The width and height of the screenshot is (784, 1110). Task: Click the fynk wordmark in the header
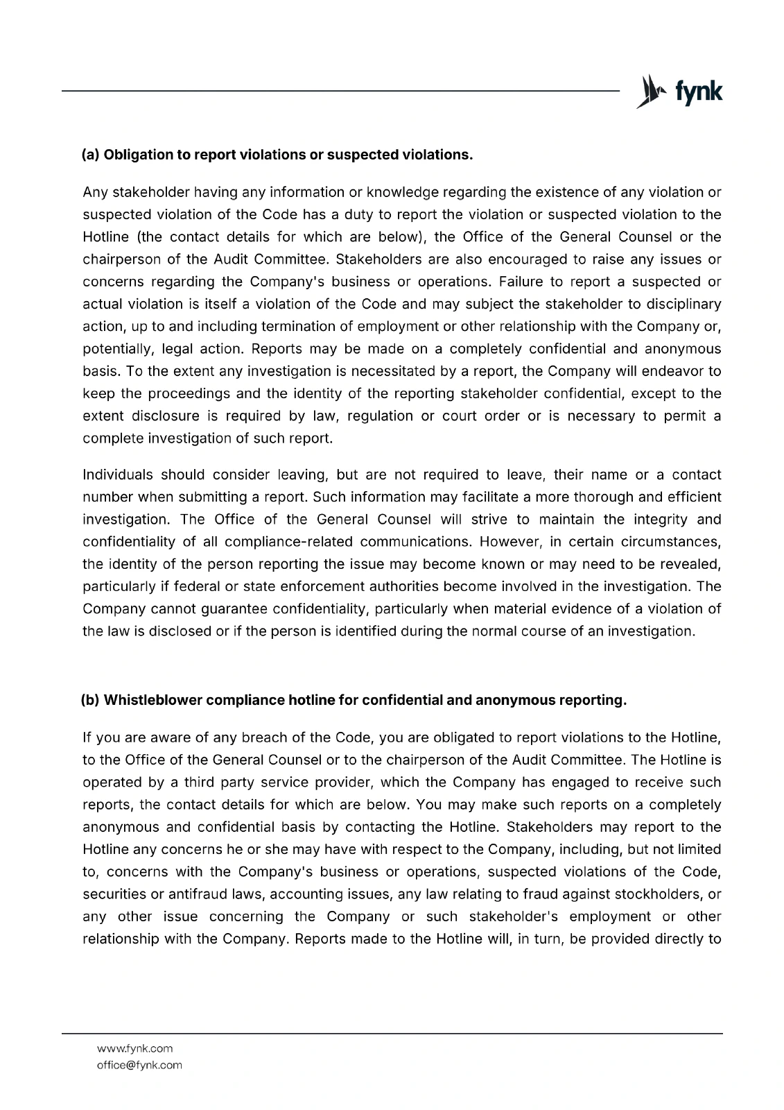(x=698, y=92)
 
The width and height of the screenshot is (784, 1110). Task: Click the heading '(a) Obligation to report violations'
(x=277, y=154)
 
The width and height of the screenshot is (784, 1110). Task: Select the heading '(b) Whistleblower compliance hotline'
(x=354, y=700)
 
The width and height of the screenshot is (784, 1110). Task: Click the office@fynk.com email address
(x=139, y=1065)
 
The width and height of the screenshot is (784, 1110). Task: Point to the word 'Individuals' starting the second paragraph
(x=117, y=475)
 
